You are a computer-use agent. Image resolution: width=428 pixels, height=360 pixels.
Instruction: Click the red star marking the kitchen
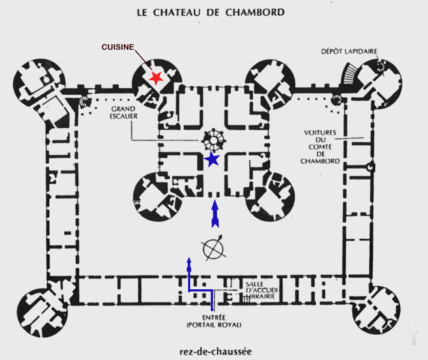tap(156, 78)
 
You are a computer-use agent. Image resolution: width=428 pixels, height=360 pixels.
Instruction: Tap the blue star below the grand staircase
tap(212, 159)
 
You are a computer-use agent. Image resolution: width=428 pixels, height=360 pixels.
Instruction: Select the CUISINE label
tap(118, 47)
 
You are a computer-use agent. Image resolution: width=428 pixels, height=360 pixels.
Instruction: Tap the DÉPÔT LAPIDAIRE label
tap(349, 51)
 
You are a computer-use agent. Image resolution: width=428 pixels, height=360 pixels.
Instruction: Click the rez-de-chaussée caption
tap(214, 351)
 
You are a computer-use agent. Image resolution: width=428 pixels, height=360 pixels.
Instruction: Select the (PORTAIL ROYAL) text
tap(214, 325)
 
